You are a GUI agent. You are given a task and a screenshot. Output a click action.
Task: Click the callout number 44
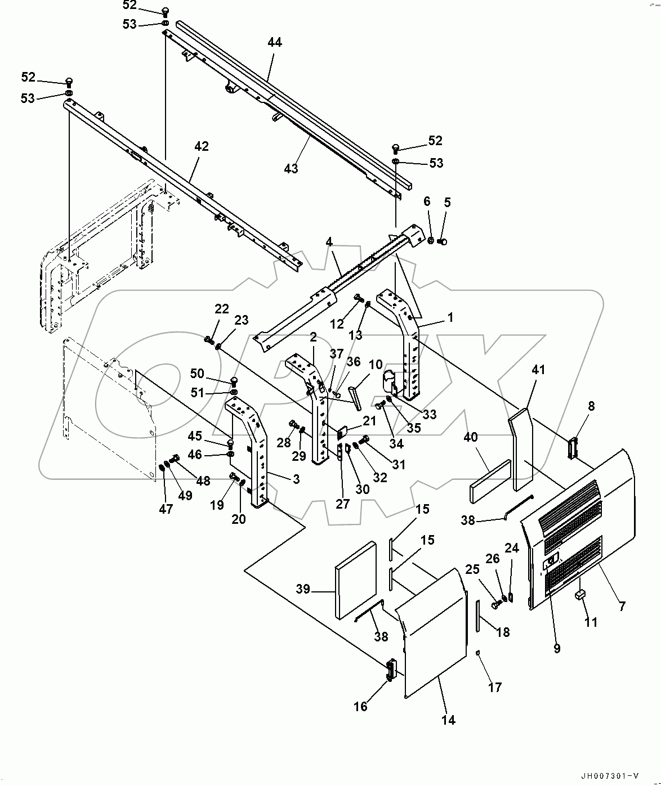[275, 43]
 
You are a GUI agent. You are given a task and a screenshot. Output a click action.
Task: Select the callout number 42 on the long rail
[202, 146]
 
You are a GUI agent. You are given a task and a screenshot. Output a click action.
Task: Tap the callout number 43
[291, 168]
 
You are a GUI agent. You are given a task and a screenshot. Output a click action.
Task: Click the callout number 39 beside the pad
[303, 589]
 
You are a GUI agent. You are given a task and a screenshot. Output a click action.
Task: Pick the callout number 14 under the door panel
[449, 720]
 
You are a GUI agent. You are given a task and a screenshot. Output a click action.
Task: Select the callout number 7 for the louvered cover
[622, 607]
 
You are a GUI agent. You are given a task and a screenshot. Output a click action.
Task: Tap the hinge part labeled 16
[390, 670]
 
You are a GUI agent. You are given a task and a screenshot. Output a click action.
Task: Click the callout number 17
[494, 687]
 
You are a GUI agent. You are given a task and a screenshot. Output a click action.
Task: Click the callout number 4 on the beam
[329, 242]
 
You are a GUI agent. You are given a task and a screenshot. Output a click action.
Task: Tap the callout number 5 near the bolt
[447, 202]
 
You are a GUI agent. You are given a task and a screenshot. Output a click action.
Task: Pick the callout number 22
[222, 308]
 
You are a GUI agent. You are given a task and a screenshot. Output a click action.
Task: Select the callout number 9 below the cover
[557, 648]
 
